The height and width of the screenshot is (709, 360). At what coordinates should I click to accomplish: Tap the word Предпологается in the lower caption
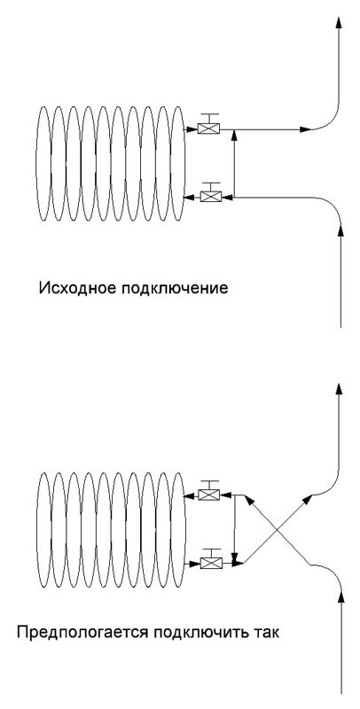[x=82, y=632]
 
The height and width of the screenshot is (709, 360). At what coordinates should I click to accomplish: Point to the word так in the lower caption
[x=266, y=632]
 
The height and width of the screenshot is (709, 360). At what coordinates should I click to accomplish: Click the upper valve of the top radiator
[x=209, y=129]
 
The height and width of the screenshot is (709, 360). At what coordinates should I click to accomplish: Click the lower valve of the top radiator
[x=210, y=197]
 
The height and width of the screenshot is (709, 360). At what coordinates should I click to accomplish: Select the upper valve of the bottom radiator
[x=210, y=495]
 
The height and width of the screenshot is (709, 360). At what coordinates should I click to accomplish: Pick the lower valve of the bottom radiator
[x=212, y=563]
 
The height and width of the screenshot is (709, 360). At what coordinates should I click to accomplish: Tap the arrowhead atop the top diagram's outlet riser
[x=339, y=22]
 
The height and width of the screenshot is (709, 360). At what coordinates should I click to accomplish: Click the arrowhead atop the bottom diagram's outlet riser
[x=340, y=389]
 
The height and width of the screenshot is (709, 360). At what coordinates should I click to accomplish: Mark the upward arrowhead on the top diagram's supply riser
[x=340, y=230]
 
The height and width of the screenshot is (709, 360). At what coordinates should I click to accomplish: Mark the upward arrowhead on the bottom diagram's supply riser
[x=341, y=596]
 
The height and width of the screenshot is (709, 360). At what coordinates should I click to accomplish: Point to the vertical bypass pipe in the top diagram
[x=234, y=163]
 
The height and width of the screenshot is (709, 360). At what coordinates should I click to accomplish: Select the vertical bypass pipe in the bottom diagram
[x=235, y=529]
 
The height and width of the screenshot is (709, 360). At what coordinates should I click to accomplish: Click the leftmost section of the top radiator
[x=43, y=163]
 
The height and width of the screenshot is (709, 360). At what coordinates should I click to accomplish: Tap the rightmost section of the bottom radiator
[x=178, y=530]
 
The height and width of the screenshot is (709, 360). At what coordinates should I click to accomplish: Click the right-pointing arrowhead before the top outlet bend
[x=306, y=129]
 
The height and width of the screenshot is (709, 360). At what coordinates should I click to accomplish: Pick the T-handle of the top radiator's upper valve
[x=209, y=118]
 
